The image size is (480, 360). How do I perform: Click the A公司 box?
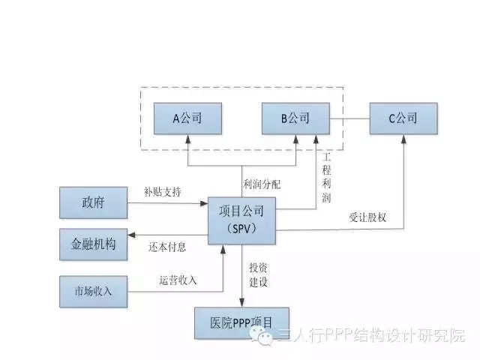coord(187,118)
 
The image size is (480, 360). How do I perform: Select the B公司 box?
coord(295,118)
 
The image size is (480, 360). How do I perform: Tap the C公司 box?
coord(403,118)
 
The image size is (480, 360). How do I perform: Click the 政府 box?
coord(92,202)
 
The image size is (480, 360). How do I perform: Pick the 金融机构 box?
coord(92,244)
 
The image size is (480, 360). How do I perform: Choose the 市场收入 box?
coord(92,290)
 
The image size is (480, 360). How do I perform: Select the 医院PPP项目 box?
coord(241,322)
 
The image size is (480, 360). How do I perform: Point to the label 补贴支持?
coord(161,192)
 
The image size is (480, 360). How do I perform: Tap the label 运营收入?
coord(178,280)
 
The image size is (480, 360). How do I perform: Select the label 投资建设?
coord(259,276)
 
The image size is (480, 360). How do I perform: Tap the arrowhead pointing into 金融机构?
coord(131,234)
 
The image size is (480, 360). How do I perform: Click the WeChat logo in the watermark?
coord(266,337)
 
